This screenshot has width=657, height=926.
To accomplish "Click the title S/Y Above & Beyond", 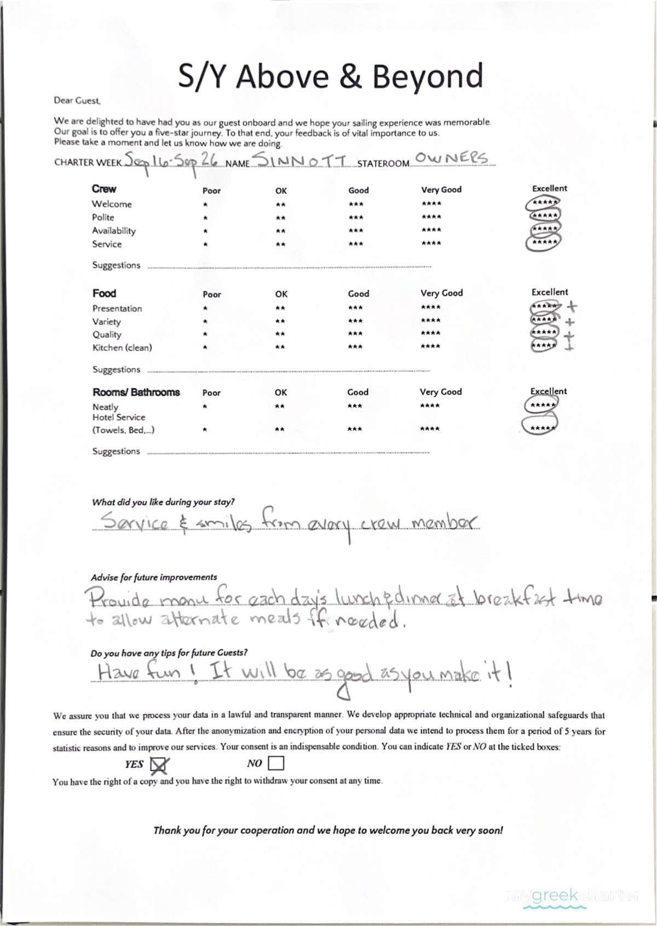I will [x=330, y=76].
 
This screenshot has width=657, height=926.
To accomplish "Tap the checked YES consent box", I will [x=159, y=764].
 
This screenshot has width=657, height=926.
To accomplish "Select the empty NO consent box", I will [x=276, y=763].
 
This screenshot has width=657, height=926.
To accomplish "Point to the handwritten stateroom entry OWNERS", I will [x=451, y=158].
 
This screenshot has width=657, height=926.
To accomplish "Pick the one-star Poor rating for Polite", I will [x=205, y=218].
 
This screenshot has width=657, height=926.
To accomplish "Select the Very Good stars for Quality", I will [x=430, y=333].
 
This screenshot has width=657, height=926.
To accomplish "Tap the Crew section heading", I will [x=104, y=189].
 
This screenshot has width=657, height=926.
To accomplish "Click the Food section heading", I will [x=104, y=293].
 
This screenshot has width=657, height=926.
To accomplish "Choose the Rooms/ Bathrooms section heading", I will [x=136, y=392].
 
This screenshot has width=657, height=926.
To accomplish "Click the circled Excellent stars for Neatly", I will [x=542, y=405].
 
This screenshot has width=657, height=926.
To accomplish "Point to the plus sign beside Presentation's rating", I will [x=572, y=306].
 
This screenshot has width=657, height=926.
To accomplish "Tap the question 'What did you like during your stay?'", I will [x=163, y=502].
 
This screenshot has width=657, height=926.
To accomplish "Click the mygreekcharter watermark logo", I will [x=573, y=896].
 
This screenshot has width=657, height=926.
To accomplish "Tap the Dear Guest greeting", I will [x=77, y=101].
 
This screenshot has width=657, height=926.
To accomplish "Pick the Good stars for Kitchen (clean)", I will [x=355, y=347].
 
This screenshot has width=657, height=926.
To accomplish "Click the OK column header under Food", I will [x=281, y=294].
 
